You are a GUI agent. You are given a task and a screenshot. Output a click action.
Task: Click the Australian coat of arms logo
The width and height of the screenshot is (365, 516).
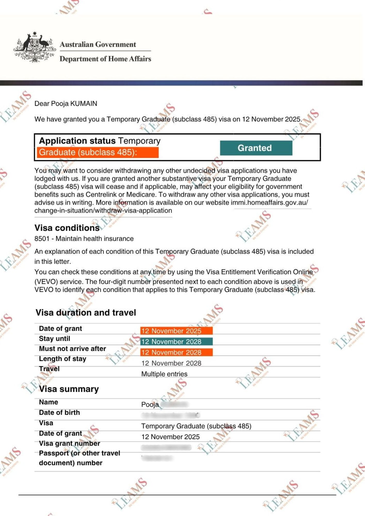pyautogui.click(x=35, y=47)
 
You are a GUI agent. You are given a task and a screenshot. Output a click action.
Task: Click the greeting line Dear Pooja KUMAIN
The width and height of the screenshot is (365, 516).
pyautogui.click(x=66, y=104)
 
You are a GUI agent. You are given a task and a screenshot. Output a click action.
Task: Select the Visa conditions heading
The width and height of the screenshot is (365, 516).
pyautogui.click(x=67, y=228)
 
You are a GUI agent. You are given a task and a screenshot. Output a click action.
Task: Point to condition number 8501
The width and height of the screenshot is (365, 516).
pyautogui.click(x=42, y=239)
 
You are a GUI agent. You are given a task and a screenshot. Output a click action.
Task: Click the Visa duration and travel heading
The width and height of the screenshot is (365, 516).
pyautogui.click(x=86, y=313)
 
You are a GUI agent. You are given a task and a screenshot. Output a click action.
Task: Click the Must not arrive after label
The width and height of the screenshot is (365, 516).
pyautogui.click(x=73, y=349)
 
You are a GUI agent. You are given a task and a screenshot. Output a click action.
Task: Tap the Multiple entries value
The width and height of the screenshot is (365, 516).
pyautogui.click(x=164, y=374)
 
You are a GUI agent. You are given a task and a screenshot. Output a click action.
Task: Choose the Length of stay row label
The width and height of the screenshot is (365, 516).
pyautogui.click(x=62, y=359)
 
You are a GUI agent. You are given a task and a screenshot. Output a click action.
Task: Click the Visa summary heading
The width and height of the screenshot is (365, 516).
pyautogui.click(x=69, y=389)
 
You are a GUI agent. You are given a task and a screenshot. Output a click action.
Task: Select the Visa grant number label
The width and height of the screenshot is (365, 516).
pyautogui.click(x=69, y=444)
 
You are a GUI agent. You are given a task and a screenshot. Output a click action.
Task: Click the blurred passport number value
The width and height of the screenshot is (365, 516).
pyautogui.click(x=157, y=458)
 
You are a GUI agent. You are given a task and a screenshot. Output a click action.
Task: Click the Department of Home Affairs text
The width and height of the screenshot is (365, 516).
pyautogui.click(x=105, y=59)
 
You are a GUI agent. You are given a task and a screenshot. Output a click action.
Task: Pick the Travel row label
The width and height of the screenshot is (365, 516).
pyautogui.click(x=49, y=369)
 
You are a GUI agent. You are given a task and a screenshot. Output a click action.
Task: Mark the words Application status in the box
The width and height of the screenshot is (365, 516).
pyautogui.click(x=77, y=141)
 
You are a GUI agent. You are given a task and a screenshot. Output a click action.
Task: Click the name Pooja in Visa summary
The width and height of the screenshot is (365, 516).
pyautogui.click(x=150, y=405)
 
